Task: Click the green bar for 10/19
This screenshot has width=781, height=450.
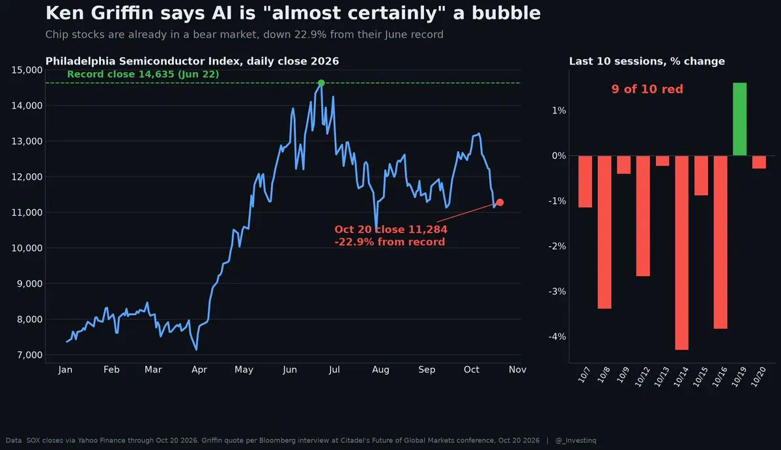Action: (x=740, y=119)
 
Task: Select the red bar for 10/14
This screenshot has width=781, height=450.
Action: (x=681, y=253)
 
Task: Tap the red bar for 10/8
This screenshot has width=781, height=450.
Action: (x=604, y=232)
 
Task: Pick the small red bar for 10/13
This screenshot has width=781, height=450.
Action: (x=662, y=161)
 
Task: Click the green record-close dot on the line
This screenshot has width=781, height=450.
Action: (x=321, y=83)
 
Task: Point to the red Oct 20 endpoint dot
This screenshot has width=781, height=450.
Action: (x=500, y=202)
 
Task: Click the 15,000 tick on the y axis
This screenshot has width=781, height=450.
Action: (x=27, y=70)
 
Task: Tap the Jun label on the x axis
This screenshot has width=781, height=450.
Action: (x=289, y=369)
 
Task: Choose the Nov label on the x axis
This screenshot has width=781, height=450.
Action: (x=517, y=369)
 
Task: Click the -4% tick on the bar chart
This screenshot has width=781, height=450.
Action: (x=557, y=337)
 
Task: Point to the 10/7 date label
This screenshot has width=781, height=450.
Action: (x=584, y=375)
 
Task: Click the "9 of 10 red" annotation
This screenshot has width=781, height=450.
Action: (x=647, y=89)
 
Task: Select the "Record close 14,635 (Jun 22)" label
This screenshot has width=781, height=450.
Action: (x=143, y=74)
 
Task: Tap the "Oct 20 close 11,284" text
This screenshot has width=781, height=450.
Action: (x=391, y=229)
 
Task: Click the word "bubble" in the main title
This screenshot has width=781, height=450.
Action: (x=506, y=14)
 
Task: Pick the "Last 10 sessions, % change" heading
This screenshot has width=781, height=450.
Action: (x=647, y=61)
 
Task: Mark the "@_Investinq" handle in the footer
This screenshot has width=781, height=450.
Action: (x=576, y=440)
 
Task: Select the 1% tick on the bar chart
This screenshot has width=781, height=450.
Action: (x=559, y=111)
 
